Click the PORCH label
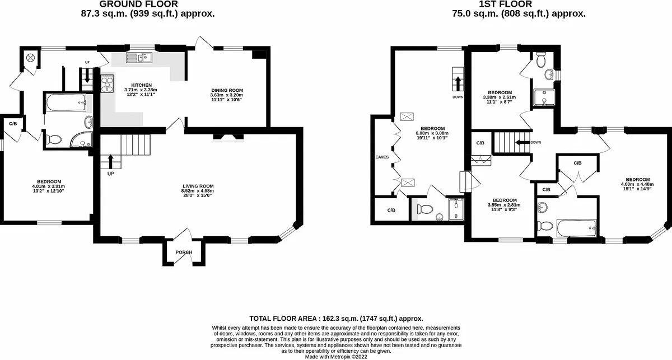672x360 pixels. tap(184, 253)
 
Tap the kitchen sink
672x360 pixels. tap(138, 57)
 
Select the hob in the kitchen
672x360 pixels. tap(106, 84)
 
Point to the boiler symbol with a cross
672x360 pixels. tap(30, 57)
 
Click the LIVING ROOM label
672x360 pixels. tap(198, 186)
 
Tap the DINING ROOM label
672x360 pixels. tap(227, 90)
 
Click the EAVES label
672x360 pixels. tap(382, 157)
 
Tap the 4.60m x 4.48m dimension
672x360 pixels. tap(637, 185)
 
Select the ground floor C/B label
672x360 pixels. tap(12, 123)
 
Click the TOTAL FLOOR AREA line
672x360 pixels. tap(336, 318)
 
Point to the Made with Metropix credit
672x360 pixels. tap(336, 356)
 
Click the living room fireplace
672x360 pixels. tap(227, 135)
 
